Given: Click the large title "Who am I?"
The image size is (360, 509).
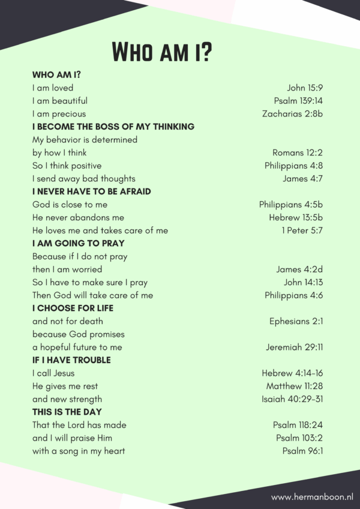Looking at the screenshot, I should coord(162,52).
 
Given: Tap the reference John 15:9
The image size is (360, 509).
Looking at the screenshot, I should coord(305,88).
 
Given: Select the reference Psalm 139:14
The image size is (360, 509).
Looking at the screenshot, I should coord(298,101).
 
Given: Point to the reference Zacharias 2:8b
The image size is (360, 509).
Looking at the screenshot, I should coord(292,114).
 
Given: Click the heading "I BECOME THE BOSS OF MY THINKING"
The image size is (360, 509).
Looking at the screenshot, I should coord(113,127).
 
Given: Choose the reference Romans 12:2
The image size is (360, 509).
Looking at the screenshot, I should coord(298,152).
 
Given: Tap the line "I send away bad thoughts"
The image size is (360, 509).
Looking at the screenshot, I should coord(84,178).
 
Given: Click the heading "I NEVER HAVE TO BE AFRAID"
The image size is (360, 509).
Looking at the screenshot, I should coord(92,191).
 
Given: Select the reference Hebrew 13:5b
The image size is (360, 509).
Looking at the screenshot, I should coord(296,217).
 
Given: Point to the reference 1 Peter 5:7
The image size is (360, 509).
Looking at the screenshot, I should coord(302,230).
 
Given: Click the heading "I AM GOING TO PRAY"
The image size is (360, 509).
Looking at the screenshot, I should coord(79,243).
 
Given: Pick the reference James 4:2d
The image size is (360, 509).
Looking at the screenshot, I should coord(299,270).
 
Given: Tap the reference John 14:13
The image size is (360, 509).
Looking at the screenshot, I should coord(304,282).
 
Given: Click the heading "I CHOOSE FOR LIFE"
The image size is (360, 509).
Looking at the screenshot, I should coord(73,308).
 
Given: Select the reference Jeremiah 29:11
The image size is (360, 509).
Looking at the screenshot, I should coord(295,347).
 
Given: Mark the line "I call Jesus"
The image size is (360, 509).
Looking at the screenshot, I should coord(53,373).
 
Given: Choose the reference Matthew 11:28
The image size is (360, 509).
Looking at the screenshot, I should coord(295,386).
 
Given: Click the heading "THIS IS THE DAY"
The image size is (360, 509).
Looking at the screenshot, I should coord(67,412).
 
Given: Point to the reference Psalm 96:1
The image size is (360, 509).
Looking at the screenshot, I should coord(303,451).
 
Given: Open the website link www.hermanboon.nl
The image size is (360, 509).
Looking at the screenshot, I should coord(311,497).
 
